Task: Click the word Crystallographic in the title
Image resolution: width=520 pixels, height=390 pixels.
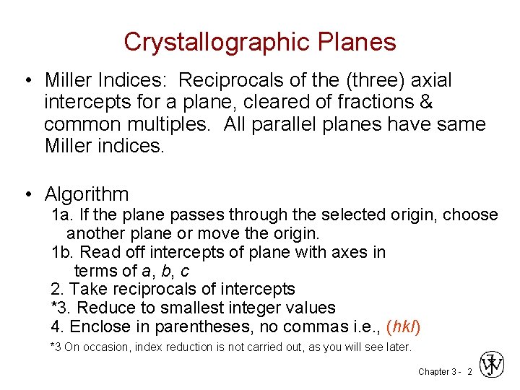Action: (x=214, y=42)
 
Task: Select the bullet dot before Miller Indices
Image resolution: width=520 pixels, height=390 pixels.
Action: (x=27, y=79)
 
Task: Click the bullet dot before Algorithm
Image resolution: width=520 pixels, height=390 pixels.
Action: (x=27, y=194)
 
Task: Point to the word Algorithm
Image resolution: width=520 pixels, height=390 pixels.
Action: (x=87, y=194)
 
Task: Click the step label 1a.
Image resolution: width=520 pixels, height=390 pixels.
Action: (x=61, y=215)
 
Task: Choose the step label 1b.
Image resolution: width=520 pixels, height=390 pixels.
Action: (x=61, y=252)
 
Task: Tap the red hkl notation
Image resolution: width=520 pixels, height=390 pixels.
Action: (x=403, y=327)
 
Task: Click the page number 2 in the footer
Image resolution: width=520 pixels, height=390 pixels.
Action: (x=470, y=372)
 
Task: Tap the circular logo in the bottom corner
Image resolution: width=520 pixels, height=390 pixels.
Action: (x=492, y=365)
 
